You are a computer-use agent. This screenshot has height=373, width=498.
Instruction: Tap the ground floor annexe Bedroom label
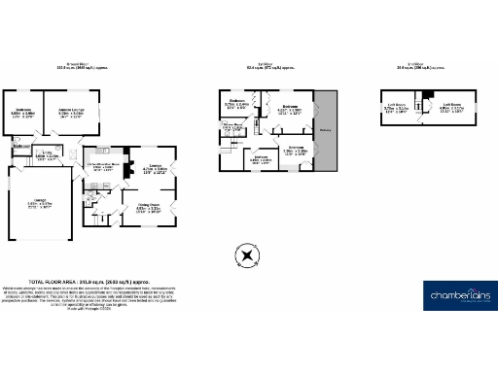pyautogui.click(x=21, y=113)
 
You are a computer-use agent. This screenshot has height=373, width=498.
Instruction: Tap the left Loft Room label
pyautogui.click(x=396, y=110)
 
